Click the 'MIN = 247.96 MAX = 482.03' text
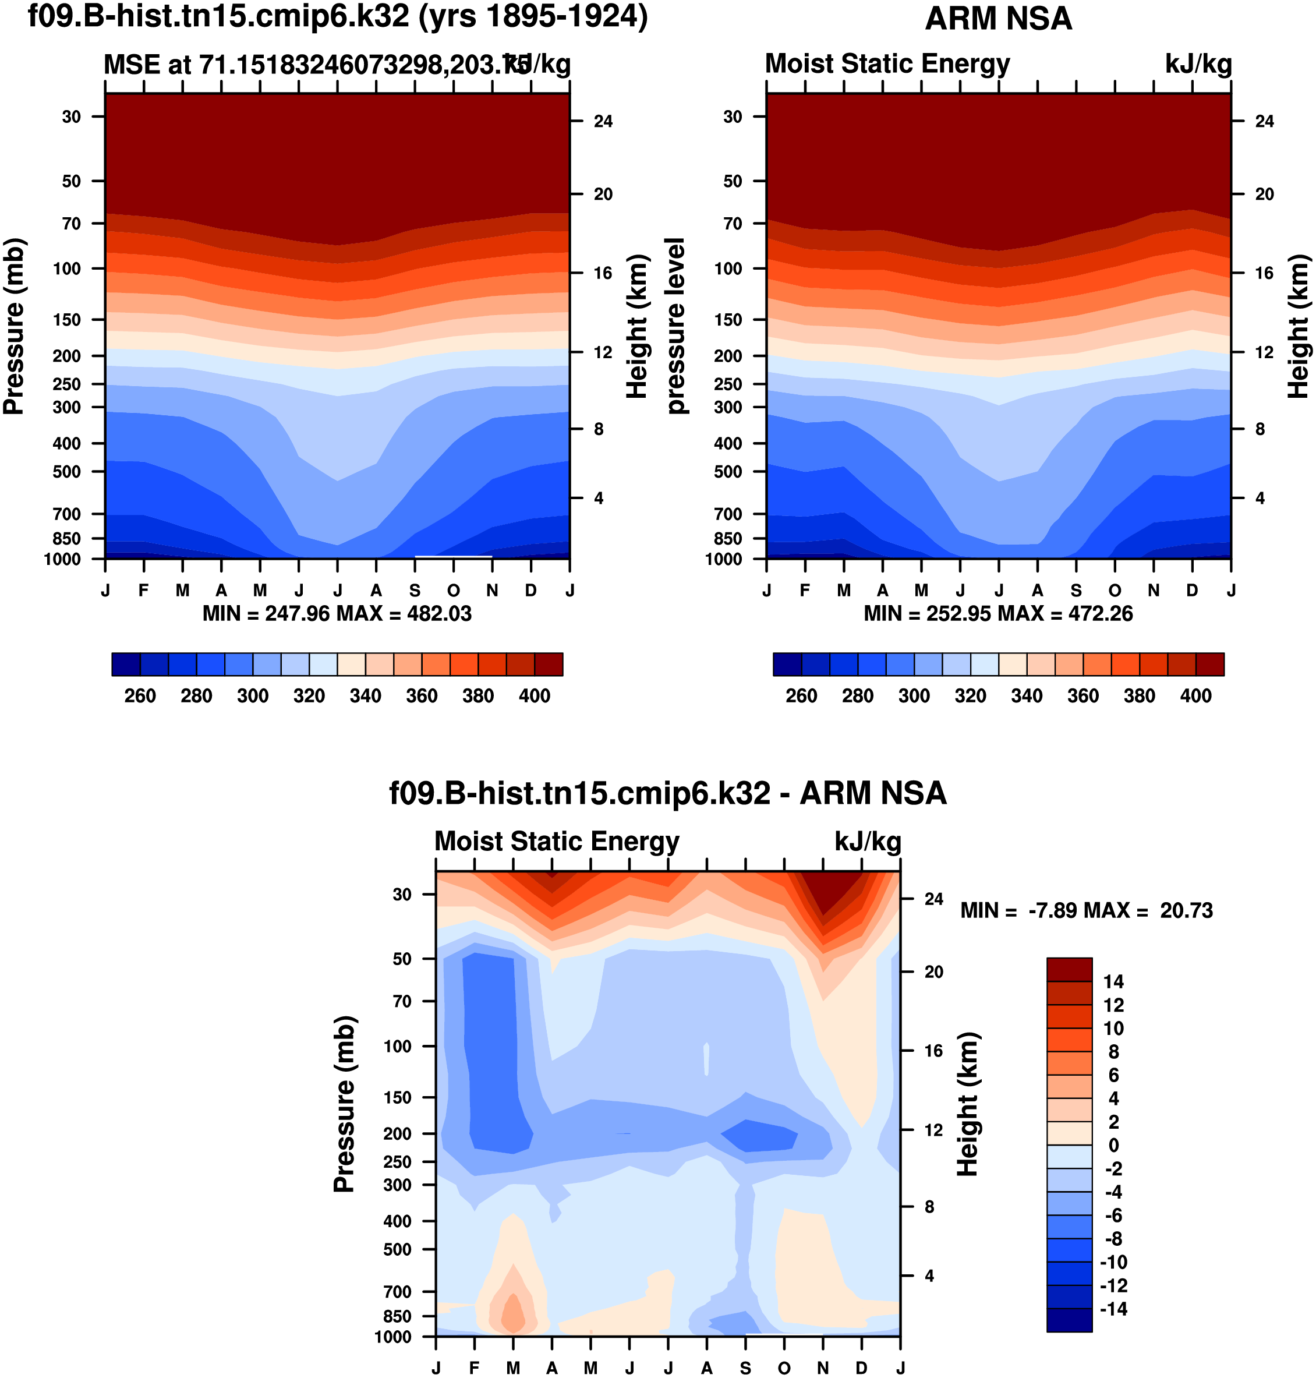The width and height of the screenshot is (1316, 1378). [337, 614]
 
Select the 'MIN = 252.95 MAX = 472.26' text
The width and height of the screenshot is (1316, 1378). [997, 614]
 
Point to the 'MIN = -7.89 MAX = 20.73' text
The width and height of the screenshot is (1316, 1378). [1086, 911]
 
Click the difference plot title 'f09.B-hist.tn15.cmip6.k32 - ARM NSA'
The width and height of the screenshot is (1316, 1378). [668, 793]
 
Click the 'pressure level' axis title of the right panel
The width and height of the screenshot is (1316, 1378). [675, 326]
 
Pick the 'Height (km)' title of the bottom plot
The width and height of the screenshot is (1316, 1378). [968, 1104]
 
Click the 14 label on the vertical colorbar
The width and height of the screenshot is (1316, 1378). [1113, 981]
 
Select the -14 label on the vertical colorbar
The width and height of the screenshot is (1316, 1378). [1113, 1309]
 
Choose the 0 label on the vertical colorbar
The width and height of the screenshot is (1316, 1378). [1113, 1145]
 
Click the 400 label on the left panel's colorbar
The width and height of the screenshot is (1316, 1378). [535, 696]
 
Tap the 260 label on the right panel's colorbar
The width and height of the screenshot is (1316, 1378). [801, 696]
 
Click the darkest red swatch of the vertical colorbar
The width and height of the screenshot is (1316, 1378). [1069, 970]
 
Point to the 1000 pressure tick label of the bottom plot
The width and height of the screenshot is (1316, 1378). [393, 1337]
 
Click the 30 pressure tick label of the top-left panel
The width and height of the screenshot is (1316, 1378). [72, 116]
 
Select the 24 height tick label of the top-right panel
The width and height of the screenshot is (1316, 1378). [1264, 121]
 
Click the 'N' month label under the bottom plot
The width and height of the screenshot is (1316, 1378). [823, 1368]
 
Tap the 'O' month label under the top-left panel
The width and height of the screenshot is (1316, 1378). [454, 591]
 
